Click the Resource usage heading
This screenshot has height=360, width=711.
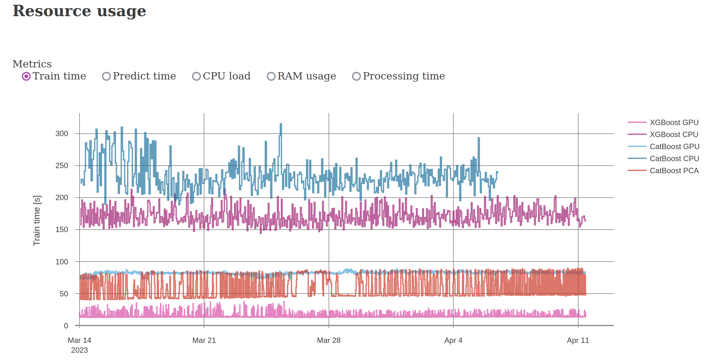click(x=79, y=11)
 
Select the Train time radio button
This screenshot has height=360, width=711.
click(x=26, y=76)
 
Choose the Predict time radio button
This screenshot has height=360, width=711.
click(x=106, y=76)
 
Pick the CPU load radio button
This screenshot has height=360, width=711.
click(x=196, y=76)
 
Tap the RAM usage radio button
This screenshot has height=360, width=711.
click(x=271, y=76)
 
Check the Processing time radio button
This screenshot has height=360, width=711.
click(x=356, y=76)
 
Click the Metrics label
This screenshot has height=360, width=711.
click(x=32, y=64)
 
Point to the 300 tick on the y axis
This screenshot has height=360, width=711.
click(x=62, y=134)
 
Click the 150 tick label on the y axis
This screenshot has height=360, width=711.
click(x=62, y=230)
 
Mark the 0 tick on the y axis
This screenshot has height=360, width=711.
click(x=66, y=326)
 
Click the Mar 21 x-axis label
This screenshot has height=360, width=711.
click(x=204, y=340)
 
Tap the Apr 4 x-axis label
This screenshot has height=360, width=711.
click(x=453, y=340)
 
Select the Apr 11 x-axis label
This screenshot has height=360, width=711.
click(x=578, y=340)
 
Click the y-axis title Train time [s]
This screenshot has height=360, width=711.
click(x=37, y=220)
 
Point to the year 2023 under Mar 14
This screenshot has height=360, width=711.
click(x=80, y=350)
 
